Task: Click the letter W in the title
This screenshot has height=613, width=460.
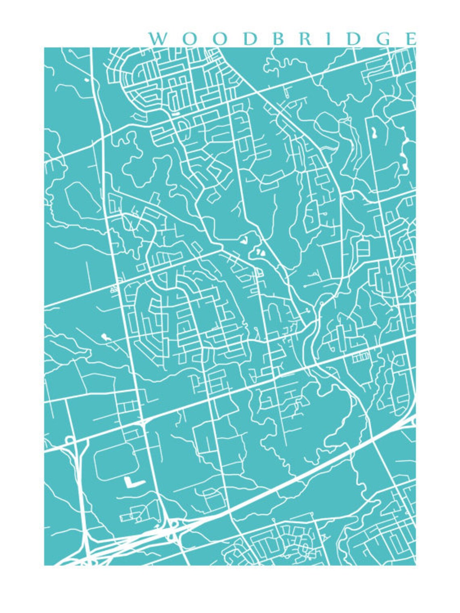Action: pyautogui.click(x=158, y=39)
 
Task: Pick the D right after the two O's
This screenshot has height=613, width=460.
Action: pyautogui.click(x=250, y=39)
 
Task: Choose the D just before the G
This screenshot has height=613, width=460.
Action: pyautogui.click(x=352, y=39)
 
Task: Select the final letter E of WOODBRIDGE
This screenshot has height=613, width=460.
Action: pyautogui.click(x=411, y=39)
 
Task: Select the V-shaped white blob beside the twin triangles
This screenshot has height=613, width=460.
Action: pyautogui.click(x=244, y=241)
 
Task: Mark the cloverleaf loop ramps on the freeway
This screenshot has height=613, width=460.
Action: pyautogui.click(x=173, y=530)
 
